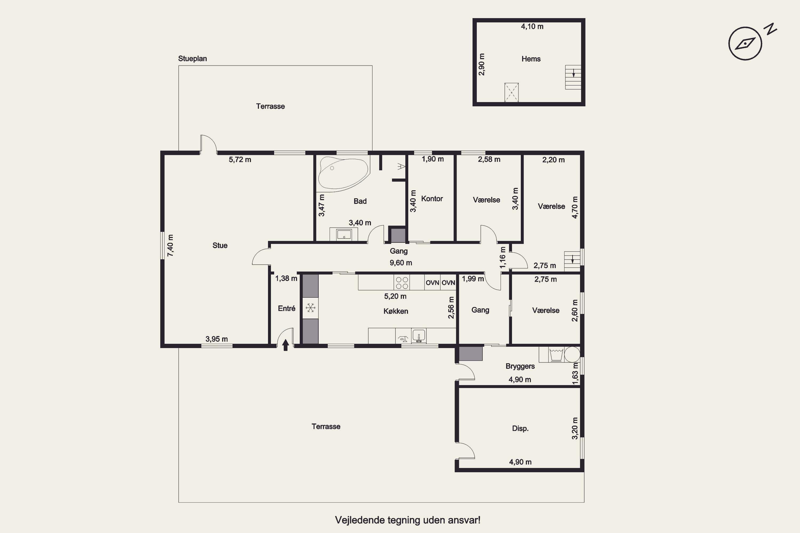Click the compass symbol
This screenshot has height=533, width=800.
point(745,43)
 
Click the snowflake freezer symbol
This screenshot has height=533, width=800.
point(310,308)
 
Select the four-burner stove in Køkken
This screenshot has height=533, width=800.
point(402,282)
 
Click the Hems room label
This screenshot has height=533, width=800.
point(531,59)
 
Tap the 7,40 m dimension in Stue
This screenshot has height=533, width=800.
point(170,245)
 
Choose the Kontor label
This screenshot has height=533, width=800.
point(432,199)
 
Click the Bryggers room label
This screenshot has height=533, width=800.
point(520,366)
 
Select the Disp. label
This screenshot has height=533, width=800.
point(521,428)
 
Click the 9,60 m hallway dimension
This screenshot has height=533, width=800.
point(401,263)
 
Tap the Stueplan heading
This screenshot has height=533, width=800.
point(193,58)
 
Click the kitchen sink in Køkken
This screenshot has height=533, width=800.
point(419,336)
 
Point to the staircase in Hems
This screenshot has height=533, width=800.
point(573,77)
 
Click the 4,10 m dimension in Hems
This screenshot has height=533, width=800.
point(532,26)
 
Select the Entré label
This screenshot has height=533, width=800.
point(286,308)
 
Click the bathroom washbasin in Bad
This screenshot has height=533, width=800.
point(343,234)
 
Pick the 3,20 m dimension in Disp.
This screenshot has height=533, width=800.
point(574,428)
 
